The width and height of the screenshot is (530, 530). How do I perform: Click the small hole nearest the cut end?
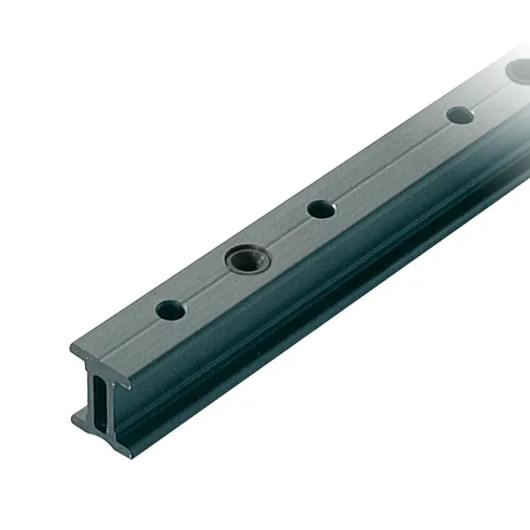[170, 309]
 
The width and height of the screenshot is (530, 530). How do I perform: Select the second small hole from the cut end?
[321, 210]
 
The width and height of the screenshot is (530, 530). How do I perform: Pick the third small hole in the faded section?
[459, 115]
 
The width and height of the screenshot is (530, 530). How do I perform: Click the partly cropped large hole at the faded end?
[519, 71]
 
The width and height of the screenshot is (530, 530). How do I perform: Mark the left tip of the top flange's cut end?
[73, 349]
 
